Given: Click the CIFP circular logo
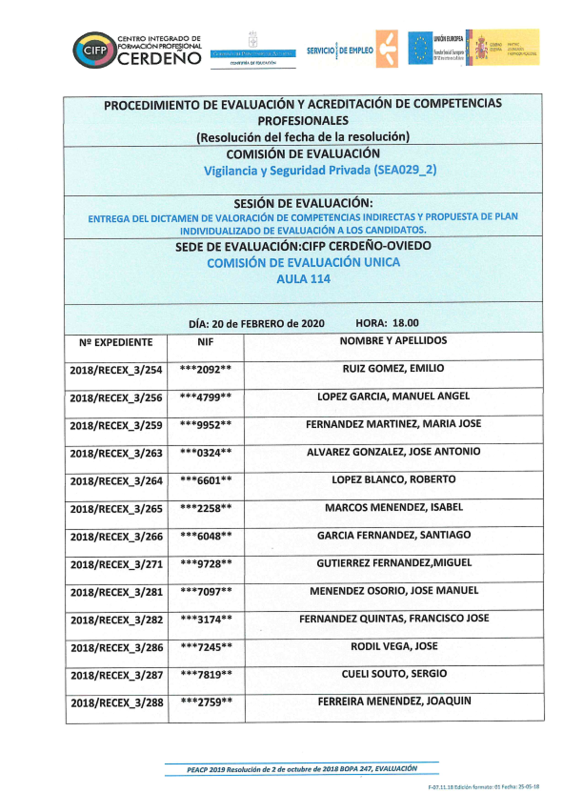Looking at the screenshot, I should click(x=94, y=50).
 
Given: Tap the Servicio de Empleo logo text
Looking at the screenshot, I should click(x=340, y=50).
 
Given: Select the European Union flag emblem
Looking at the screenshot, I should click(x=420, y=48).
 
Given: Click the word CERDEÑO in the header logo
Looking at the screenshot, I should click(x=159, y=58).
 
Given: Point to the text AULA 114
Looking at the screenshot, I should click(x=303, y=279).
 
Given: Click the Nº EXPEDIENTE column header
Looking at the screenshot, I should click(x=116, y=343).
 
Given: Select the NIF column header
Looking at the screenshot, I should click(x=205, y=342).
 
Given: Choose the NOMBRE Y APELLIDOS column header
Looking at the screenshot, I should click(x=393, y=341).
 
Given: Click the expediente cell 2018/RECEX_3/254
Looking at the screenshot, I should click(x=116, y=370).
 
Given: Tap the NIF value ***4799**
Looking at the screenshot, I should click(x=205, y=398).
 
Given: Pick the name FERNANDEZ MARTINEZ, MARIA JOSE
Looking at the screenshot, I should click(x=393, y=424).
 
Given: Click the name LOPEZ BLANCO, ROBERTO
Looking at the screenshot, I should click(x=393, y=480).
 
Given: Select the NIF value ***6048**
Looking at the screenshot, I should click(x=206, y=537).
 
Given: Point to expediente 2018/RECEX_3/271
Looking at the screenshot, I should click(x=116, y=565).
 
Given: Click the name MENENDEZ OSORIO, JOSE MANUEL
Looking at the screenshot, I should click(x=393, y=591).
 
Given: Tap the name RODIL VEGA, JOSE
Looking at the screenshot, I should click(x=394, y=647).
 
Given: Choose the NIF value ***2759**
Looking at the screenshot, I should click(x=206, y=702).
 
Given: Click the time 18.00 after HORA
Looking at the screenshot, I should click(x=405, y=323).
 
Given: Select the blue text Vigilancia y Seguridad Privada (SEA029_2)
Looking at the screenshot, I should click(x=320, y=171).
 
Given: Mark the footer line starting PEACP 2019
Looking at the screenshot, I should click(x=302, y=770).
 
